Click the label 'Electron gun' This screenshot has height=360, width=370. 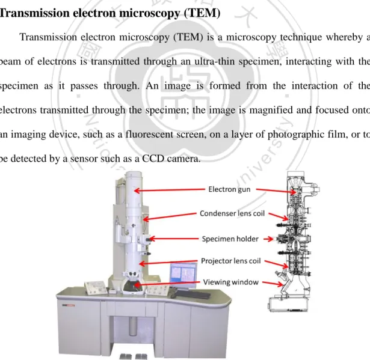[x=229, y=189]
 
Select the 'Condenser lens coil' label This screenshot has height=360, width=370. [x=232, y=213]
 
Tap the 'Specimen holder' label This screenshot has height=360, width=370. [x=230, y=239]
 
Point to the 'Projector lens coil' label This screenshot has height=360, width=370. [x=231, y=261]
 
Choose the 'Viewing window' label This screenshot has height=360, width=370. [x=231, y=282]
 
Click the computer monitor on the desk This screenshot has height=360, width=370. [x=183, y=275]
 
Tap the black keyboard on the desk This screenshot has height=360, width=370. [x=193, y=294]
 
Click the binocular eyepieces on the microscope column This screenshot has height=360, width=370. [x=131, y=274]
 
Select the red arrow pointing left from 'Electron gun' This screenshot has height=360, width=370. [x=170, y=190]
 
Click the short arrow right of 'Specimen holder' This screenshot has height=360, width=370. [x=268, y=239]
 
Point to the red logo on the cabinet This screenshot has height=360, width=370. [x=69, y=305]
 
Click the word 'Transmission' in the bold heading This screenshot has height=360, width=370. [x=35, y=13]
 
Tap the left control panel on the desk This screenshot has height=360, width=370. [x=96, y=288]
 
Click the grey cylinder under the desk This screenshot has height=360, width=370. [x=133, y=326]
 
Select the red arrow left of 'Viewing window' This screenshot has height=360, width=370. [x=167, y=284]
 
